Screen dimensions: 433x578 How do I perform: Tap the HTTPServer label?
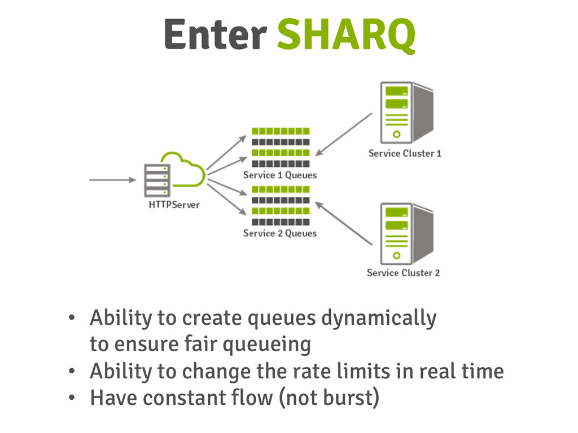click(x=174, y=205)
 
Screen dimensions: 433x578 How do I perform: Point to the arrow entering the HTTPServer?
click(x=112, y=180)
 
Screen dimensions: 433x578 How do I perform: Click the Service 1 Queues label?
click(x=280, y=175)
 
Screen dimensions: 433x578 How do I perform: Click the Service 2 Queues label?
click(x=280, y=233)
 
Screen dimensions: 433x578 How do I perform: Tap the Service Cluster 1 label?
click(x=405, y=153)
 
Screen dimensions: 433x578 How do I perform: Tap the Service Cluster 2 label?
click(x=403, y=273)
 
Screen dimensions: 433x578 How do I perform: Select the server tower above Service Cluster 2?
click(x=405, y=232)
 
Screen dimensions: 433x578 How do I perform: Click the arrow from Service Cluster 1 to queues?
click(x=344, y=134)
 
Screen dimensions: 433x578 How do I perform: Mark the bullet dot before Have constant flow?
click(x=71, y=398)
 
